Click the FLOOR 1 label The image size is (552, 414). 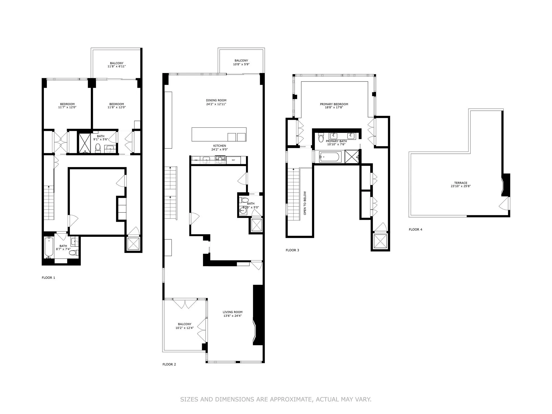(x=48, y=278)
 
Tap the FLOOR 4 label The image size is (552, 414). (x=415, y=230)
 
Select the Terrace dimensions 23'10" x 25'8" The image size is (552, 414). (x=461, y=186)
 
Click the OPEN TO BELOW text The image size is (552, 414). (x=305, y=203)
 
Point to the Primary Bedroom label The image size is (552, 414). (x=334, y=104)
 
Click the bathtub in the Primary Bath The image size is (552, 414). (x=330, y=157)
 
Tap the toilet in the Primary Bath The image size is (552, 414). (x=321, y=138)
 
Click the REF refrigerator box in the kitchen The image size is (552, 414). (x=234, y=160)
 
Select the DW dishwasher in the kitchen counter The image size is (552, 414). (x=196, y=160)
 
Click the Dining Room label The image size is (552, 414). (x=216, y=100)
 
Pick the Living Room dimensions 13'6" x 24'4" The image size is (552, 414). (x=232, y=316)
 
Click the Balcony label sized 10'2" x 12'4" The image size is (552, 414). (x=185, y=324)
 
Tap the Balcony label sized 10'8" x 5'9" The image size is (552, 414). (x=241, y=61)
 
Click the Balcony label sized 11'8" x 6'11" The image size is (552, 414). (x=117, y=63)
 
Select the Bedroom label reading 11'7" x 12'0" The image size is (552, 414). (x=67, y=104)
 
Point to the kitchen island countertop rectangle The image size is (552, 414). (x=209, y=134)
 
